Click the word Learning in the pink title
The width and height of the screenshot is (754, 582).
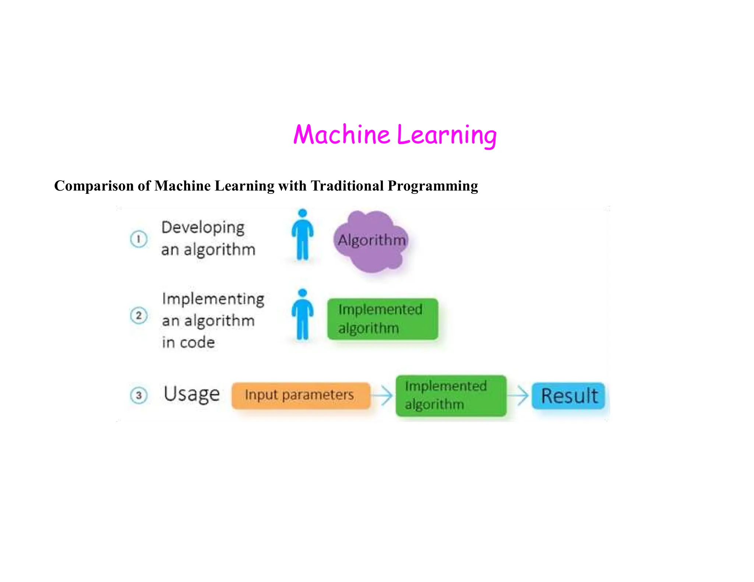coord(447,135)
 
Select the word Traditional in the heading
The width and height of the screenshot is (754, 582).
coord(347,186)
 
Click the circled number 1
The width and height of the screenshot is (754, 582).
coord(139,239)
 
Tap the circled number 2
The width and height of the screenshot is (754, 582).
coord(139,316)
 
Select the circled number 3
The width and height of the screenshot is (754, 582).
coord(139,395)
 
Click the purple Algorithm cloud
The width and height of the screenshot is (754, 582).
coord(371,241)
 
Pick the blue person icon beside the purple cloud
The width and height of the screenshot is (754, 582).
coord(303,235)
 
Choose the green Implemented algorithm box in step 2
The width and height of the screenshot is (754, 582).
coord(383,319)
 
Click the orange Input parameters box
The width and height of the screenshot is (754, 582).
coord(300,395)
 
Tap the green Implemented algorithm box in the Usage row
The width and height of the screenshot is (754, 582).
coord(451,396)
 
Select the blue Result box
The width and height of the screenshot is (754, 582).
coord(568,396)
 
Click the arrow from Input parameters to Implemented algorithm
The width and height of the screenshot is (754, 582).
coord(383,395)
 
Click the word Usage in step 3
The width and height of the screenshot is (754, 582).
coord(191,395)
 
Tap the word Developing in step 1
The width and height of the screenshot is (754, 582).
coord(203,228)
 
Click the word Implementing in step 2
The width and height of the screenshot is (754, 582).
coord(213,299)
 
